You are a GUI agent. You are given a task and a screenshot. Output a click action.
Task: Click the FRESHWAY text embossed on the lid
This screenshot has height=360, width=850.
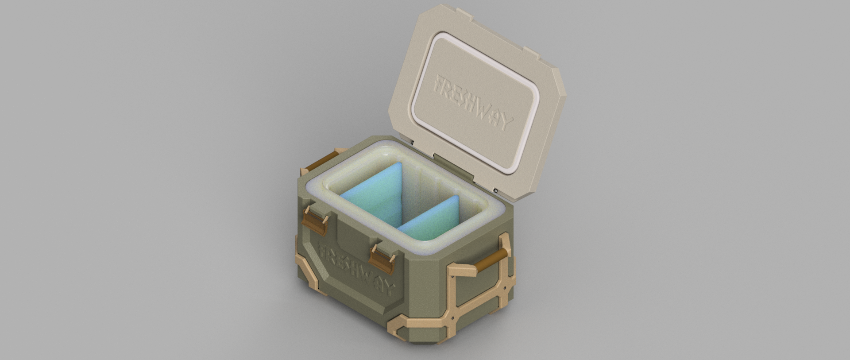[x=474, y=102]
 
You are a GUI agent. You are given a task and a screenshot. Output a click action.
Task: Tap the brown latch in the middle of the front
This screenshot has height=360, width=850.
[x=382, y=257]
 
